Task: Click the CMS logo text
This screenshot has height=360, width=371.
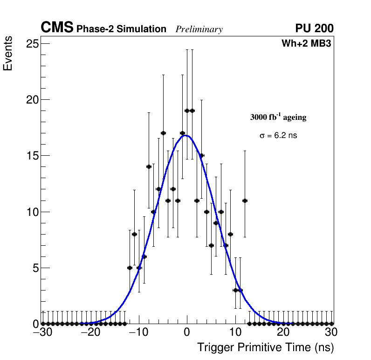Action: pos(57,28)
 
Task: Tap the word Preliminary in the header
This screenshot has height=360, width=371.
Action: pos(199,29)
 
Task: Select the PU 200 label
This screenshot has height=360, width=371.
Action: pos(314,28)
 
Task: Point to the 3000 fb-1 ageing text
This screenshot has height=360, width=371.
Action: pos(278,117)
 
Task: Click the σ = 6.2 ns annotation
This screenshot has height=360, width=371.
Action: pos(278,136)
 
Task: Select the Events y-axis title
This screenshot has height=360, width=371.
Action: pos(8,55)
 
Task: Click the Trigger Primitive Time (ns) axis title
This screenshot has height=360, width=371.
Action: pos(266,348)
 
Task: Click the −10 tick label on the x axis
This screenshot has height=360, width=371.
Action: pos(138,332)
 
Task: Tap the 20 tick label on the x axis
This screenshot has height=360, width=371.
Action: pos(283,332)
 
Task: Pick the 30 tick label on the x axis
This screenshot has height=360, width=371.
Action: pos(331,332)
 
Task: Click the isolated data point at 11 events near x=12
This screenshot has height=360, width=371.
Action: pos(245,201)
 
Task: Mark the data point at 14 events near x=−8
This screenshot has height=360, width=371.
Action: pos(149,166)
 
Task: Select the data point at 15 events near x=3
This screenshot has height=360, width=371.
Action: pos(201,155)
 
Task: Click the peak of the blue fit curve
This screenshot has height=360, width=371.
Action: pos(185,136)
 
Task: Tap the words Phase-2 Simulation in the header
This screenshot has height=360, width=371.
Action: pos(121,29)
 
